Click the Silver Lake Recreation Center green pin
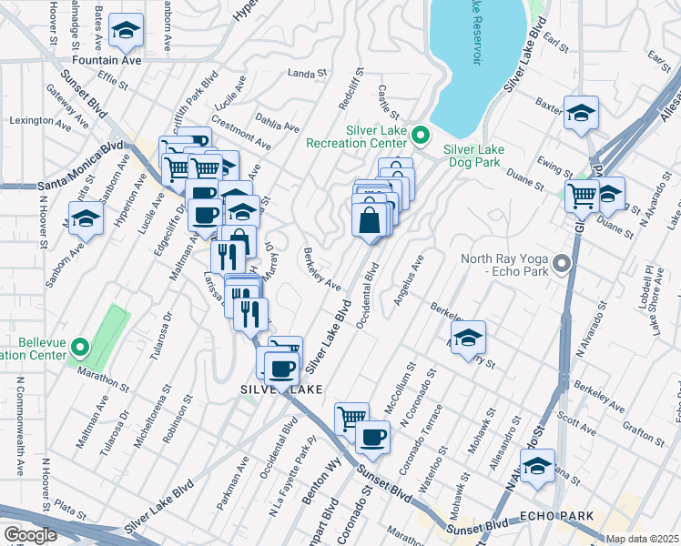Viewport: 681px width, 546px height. [420, 136]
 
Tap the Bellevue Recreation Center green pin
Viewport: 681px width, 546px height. [80, 346]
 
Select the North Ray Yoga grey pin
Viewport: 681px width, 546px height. [562, 265]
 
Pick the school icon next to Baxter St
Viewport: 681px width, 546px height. [581, 113]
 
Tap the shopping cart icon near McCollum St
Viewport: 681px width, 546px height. [351, 418]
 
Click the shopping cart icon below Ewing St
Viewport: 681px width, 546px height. [581, 195]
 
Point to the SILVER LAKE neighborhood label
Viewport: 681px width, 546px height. [281, 389]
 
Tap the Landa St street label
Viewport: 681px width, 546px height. [307, 74]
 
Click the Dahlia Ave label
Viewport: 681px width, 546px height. [279, 127]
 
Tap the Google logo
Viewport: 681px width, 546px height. [30, 534]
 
